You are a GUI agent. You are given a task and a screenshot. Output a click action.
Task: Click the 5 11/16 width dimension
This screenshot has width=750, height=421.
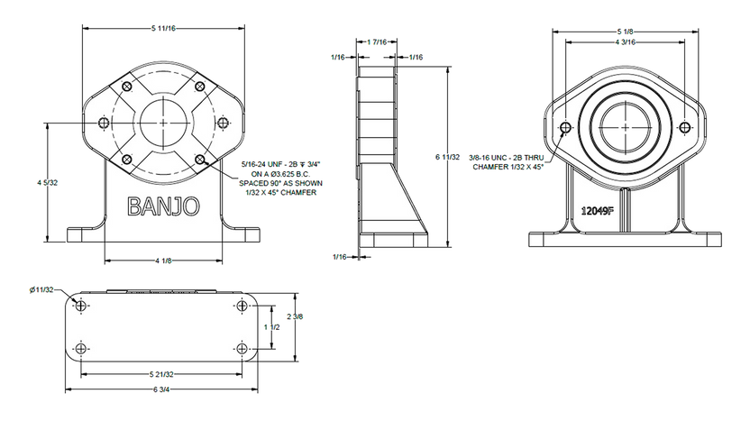(163, 28)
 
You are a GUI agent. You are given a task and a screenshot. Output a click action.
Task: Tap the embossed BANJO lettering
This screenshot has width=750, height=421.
(163, 206)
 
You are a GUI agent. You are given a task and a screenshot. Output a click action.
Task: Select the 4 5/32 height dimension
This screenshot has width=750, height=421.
(48, 182)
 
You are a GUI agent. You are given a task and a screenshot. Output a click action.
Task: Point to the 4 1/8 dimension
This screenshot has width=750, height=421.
(163, 261)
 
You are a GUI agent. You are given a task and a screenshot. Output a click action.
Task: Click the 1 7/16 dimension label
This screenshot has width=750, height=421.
(377, 42)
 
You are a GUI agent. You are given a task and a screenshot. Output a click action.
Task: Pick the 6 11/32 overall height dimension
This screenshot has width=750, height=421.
(448, 157)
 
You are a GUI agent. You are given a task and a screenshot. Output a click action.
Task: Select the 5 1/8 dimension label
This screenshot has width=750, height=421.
(625, 32)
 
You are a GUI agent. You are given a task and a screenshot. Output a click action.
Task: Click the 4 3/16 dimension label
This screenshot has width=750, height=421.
(625, 42)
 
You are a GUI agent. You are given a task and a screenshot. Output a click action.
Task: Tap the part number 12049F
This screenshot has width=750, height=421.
(597, 211)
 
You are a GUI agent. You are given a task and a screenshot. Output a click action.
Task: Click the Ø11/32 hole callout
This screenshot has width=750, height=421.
(41, 289)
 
